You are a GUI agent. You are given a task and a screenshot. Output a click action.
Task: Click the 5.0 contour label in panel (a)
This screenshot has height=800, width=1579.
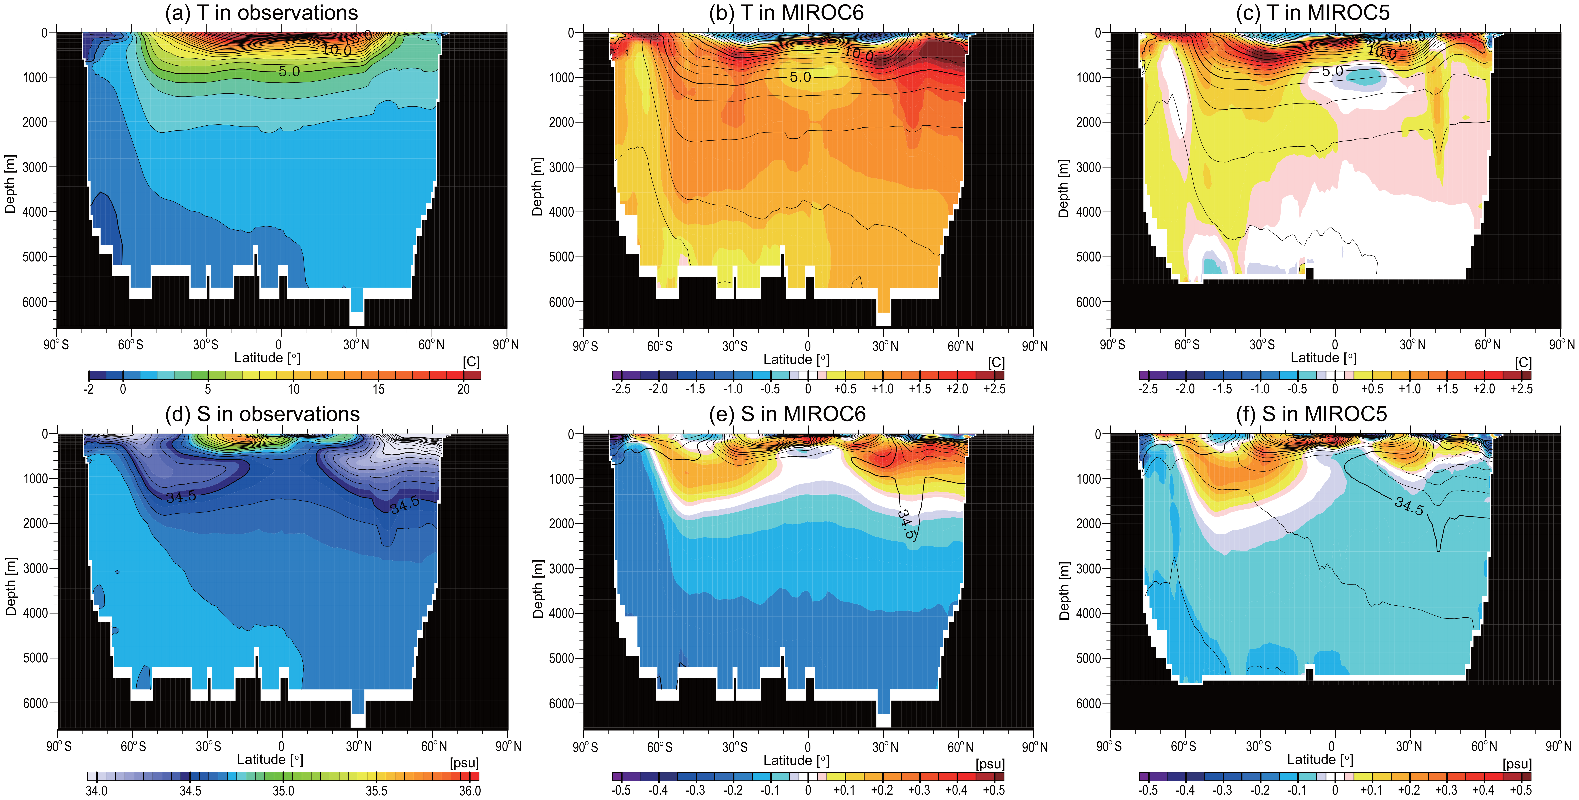point(289,72)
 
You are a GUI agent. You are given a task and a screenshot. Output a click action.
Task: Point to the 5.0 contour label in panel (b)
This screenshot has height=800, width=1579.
point(800,77)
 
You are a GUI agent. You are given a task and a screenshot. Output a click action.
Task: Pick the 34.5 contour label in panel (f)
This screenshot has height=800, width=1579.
point(1409,506)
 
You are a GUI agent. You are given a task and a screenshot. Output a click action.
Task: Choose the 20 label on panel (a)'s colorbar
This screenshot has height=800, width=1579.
point(463,389)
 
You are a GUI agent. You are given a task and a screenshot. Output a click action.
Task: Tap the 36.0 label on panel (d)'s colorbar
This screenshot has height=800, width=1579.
point(470,791)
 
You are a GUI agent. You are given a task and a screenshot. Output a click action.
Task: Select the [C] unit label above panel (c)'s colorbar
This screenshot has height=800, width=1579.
point(1523,363)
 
